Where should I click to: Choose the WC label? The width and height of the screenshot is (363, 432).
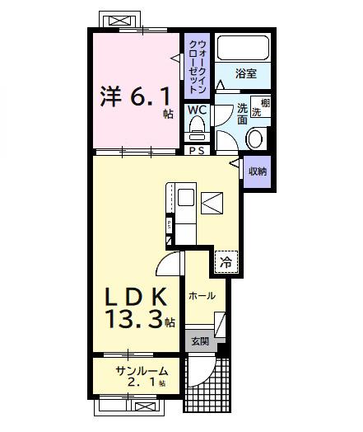[197, 110]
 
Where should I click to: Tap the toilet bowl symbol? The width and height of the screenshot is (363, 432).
[197, 127]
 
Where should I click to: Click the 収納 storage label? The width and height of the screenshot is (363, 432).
[258, 171]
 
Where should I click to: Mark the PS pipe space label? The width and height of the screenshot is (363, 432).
[197, 151]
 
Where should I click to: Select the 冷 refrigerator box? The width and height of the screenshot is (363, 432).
[225, 261]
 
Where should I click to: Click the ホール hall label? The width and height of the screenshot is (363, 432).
[202, 295]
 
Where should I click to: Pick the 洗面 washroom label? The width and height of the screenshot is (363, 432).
[243, 114]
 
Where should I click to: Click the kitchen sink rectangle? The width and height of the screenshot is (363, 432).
[186, 198]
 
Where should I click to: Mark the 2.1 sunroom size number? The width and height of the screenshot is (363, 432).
[142, 383]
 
